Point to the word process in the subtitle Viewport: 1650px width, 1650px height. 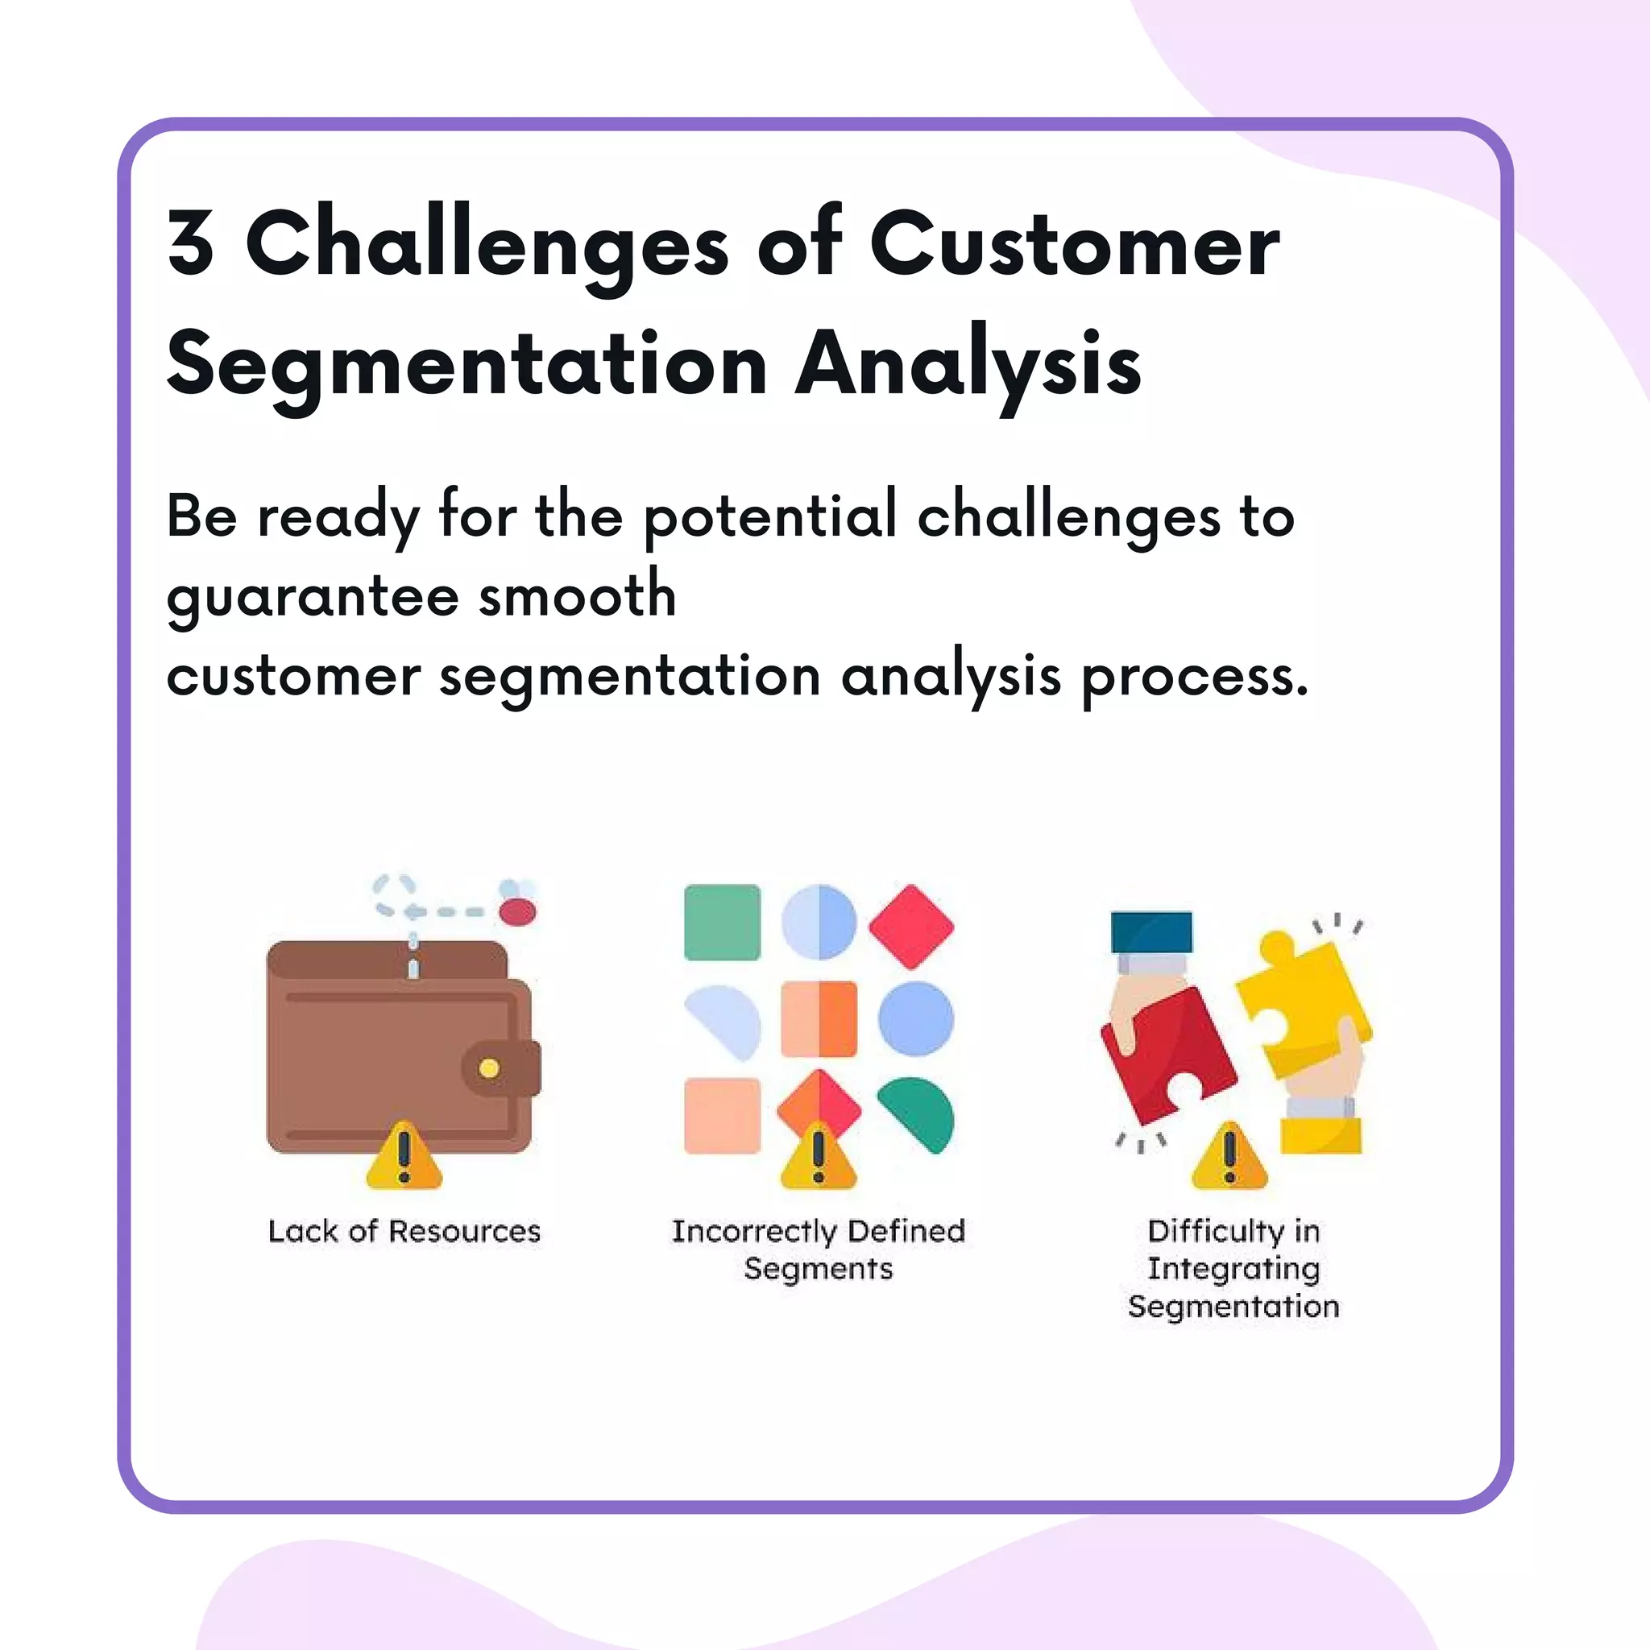[1194, 678]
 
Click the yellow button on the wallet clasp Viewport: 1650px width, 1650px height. [489, 1068]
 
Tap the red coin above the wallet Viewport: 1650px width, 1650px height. [517, 912]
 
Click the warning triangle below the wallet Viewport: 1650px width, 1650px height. [404, 1157]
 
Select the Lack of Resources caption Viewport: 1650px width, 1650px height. [404, 1231]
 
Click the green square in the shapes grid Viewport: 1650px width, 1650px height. [722, 922]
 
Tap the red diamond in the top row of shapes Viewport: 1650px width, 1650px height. [911, 927]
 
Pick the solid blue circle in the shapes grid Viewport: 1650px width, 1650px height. [915, 1018]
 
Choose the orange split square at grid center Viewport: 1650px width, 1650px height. [819, 1019]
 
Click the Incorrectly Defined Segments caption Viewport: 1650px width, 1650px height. [819, 1249]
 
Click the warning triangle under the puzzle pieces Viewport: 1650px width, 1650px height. [1229, 1157]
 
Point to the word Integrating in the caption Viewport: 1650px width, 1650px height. [1233, 1269]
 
